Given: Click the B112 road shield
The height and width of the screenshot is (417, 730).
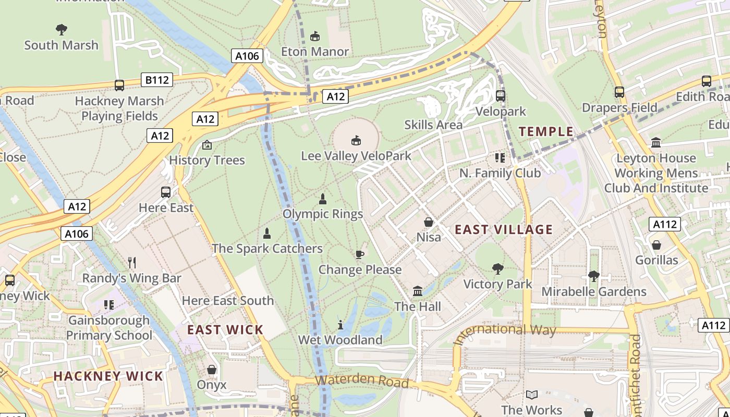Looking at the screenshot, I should [157, 80].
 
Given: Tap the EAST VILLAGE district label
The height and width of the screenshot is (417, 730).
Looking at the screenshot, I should [503, 229].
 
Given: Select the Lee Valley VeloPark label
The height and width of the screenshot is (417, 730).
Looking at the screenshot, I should [356, 156].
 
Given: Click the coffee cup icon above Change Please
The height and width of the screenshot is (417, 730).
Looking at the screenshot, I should [359, 254].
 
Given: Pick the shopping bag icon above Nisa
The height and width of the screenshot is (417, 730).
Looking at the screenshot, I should [429, 223].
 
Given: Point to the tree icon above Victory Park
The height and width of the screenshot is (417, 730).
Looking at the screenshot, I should [498, 269].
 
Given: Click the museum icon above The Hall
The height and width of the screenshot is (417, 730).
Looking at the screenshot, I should [418, 291].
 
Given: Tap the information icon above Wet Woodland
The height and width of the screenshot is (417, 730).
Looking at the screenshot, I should [340, 325].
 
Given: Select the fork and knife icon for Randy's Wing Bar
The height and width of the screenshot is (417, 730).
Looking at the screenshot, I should [132, 263].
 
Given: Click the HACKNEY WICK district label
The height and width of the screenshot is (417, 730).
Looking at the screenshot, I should [108, 376].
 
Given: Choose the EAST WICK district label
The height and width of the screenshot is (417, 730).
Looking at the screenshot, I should [225, 329].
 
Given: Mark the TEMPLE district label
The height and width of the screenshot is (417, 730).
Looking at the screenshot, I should [546, 131].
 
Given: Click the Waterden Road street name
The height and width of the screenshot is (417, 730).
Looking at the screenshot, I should [362, 380].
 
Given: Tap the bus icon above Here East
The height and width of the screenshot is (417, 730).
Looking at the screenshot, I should [166, 192].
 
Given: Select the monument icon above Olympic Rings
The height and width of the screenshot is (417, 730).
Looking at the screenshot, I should [323, 199].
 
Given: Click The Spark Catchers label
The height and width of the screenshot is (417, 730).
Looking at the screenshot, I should [267, 249].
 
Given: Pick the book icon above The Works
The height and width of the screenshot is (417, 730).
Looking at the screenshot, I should [532, 395].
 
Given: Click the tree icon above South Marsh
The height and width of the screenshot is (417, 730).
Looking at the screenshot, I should [62, 30].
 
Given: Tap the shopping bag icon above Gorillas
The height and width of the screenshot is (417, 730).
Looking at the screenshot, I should [656, 244].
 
